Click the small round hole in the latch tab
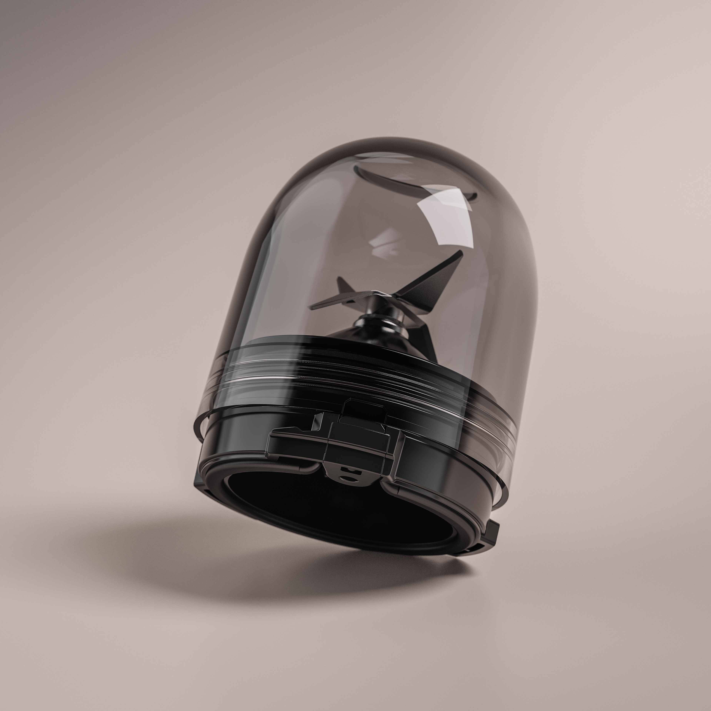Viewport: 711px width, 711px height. [349, 478]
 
